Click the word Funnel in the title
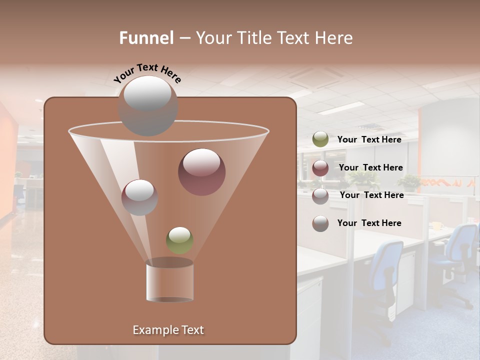coord(146,37)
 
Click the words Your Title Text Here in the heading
coord(274,37)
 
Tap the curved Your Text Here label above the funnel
coord(147,73)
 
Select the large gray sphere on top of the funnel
coord(147,106)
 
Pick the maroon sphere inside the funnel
coord(201,172)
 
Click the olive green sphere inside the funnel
coord(179,240)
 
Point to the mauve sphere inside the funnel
coord(139,197)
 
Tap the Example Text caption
coord(168,330)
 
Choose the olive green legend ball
coord(320,139)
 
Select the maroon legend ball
coord(320,168)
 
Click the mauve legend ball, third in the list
coord(320,196)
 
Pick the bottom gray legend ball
coord(320,223)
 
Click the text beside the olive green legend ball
coord(369,139)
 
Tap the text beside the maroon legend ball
coord(370,167)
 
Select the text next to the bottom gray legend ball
coord(369,223)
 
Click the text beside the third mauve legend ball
coord(371,195)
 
